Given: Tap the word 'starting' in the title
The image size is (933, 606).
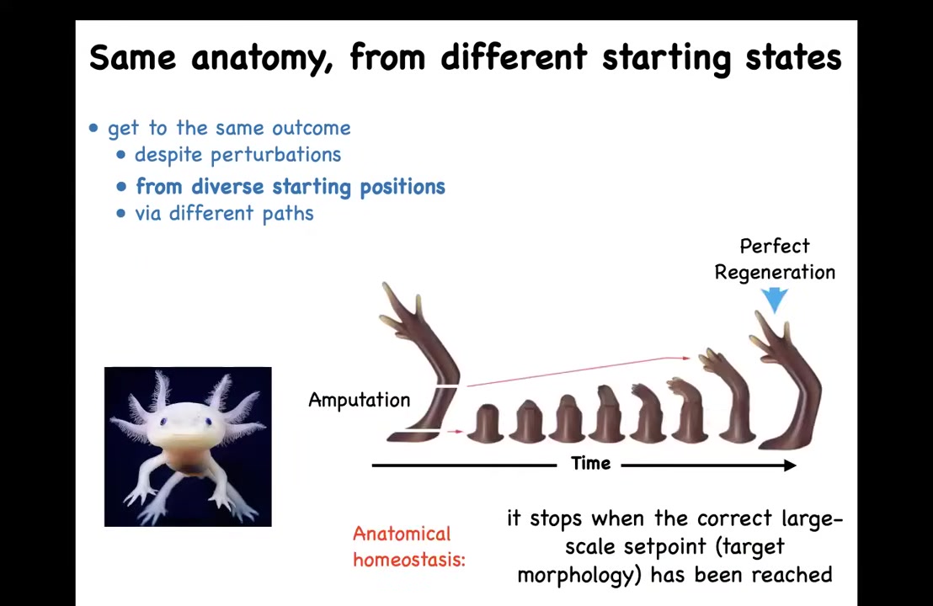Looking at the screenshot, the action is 666,58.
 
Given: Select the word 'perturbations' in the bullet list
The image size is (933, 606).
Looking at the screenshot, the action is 275,155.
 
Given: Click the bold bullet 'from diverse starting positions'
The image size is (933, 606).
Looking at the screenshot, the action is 291,187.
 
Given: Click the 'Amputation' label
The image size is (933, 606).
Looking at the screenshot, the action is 360,400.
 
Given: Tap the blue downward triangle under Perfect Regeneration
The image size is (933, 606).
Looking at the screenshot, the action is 775,300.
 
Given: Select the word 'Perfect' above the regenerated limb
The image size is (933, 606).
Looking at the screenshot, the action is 775,247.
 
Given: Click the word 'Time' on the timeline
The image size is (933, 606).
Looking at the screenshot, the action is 591,463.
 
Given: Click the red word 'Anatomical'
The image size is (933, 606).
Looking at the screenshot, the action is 402,534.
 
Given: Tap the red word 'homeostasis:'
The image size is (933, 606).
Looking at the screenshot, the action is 408,560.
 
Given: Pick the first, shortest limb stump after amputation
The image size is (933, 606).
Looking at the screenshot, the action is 486,424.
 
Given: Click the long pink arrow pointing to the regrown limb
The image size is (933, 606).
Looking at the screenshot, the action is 578,372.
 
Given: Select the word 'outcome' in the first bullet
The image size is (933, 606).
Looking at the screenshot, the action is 312,128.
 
